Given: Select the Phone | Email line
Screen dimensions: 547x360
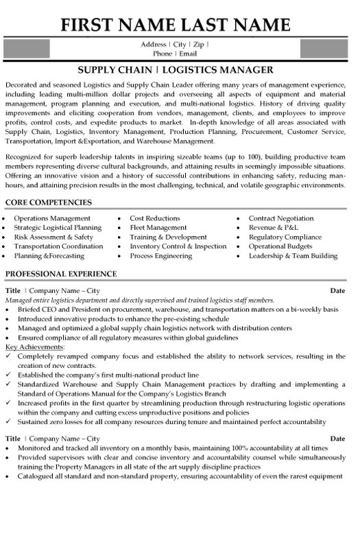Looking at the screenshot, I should click(x=180, y=54).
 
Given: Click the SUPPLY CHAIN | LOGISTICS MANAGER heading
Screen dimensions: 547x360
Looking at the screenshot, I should click(x=180, y=69).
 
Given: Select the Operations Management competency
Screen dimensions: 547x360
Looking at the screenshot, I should click(x=52, y=218).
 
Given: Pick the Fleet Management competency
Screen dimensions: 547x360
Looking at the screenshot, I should click(x=159, y=227).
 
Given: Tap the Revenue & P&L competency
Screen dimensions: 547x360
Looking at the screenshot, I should click(x=273, y=227).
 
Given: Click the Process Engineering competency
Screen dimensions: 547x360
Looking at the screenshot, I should click(x=161, y=256).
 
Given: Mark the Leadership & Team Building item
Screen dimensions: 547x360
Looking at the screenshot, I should click(x=293, y=256).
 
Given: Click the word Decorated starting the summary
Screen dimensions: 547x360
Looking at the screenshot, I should click(x=22, y=82).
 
